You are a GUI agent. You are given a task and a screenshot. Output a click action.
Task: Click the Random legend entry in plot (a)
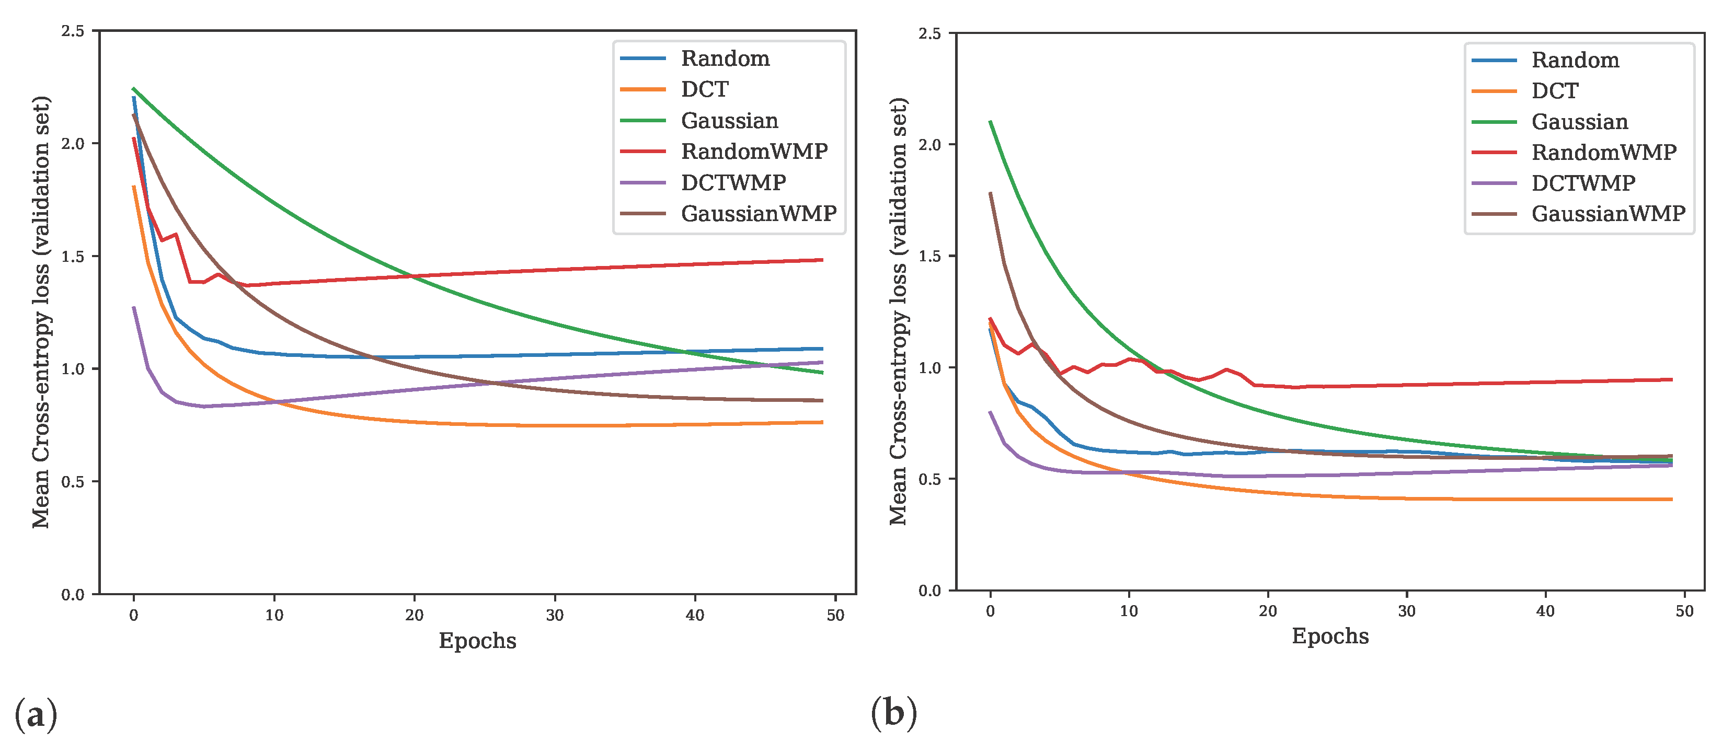(725, 59)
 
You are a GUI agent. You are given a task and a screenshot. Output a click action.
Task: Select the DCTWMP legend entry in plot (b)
(1583, 183)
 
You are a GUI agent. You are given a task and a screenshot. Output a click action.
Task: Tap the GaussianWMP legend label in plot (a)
(758, 214)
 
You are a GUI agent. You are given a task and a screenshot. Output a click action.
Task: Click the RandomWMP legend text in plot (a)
(754, 152)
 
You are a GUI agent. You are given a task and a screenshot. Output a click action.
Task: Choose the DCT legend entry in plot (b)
(1554, 91)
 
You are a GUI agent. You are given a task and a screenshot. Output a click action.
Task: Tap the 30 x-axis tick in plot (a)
(554, 616)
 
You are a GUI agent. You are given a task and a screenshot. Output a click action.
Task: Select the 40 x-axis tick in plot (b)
(1545, 611)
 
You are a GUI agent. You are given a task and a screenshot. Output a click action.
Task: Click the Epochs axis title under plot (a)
(477, 641)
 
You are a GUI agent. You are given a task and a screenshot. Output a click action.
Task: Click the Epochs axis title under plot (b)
(1329, 636)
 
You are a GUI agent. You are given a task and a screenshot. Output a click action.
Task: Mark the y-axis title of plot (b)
(899, 311)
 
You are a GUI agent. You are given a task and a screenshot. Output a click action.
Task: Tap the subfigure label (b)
(894, 712)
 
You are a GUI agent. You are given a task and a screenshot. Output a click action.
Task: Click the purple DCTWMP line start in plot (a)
(134, 308)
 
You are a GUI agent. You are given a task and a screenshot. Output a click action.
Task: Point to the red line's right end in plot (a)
(822, 260)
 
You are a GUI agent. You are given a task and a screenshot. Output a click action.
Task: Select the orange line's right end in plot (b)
(1671, 499)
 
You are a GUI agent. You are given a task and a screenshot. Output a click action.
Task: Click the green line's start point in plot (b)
(990, 122)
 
